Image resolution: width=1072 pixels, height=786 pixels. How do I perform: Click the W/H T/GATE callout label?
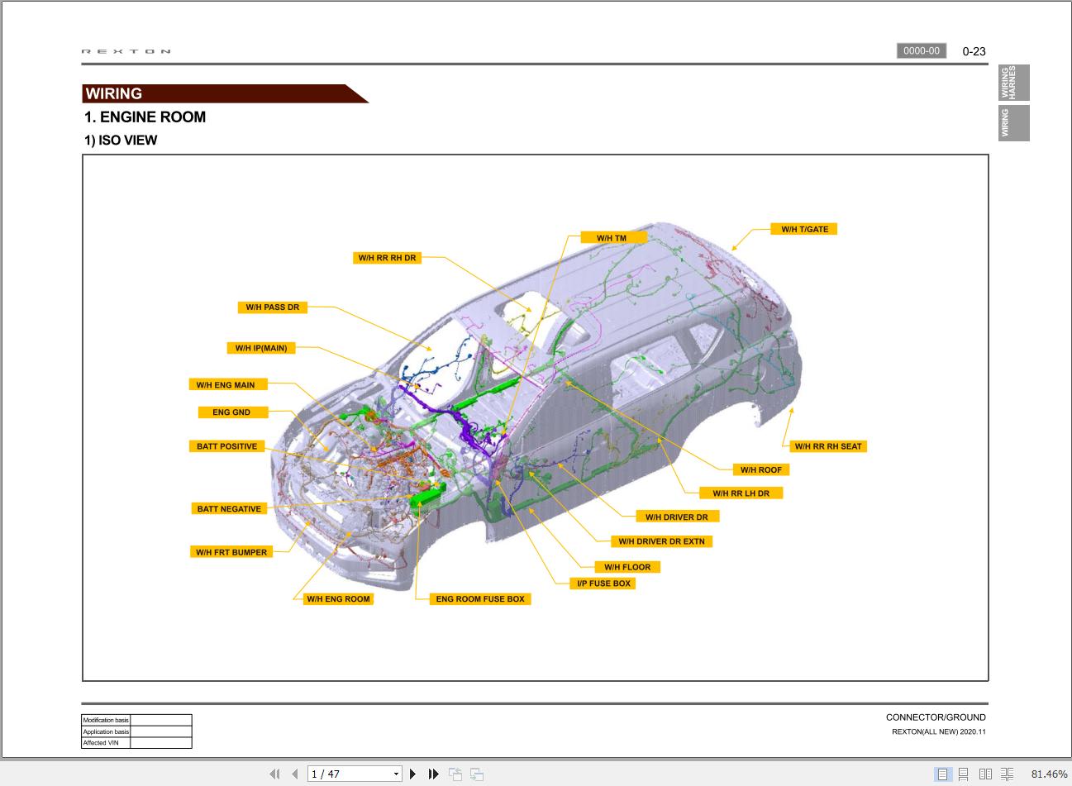[x=804, y=229]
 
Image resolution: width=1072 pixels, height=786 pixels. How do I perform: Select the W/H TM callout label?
[x=612, y=238]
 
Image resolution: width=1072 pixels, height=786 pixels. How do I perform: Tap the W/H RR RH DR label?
[x=387, y=258]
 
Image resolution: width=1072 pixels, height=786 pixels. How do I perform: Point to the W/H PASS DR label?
[x=272, y=307]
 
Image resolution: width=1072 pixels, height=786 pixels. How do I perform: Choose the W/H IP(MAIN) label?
[x=261, y=348]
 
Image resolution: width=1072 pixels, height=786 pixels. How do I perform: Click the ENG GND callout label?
[x=231, y=412]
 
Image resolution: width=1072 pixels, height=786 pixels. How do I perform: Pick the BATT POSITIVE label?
[x=226, y=446]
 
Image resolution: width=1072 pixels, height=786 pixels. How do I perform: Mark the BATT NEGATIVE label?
[x=229, y=509]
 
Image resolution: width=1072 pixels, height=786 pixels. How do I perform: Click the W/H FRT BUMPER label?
[x=231, y=552]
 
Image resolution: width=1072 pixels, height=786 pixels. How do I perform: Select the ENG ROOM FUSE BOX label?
[x=480, y=599]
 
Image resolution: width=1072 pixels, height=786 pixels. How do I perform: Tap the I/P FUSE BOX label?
[x=603, y=584]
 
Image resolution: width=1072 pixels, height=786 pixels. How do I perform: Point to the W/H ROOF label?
[x=760, y=469]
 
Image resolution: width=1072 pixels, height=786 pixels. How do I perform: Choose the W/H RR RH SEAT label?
[x=827, y=446]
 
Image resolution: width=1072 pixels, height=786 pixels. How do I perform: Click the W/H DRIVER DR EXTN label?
[x=662, y=541]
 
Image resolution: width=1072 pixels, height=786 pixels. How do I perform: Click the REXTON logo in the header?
[x=126, y=51]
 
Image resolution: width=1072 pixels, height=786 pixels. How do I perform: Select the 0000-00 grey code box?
[x=921, y=51]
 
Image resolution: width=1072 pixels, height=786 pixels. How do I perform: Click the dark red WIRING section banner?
[x=215, y=93]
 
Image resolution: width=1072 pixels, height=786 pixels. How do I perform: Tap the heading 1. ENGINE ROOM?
[x=145, y=117]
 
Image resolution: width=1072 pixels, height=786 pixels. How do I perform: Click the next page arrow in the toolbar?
[x=412, y=774]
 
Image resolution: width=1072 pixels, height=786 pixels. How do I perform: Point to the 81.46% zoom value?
[x=1049, y=774]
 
